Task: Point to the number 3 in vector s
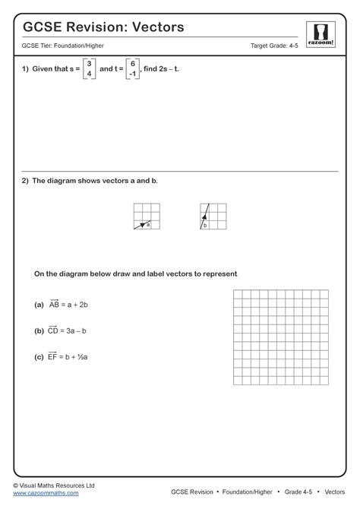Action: click(89, 63)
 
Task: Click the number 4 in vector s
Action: click(89, 74)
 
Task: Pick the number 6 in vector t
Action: click(132, 63)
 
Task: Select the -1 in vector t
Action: click(132, 74)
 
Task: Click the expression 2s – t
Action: click(169, 69)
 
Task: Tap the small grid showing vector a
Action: click(146, 217)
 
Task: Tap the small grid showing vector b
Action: click(213, 217)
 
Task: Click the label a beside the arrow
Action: click(148, 224)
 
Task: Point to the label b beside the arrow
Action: click(205, 225)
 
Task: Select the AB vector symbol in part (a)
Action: click(54, 305)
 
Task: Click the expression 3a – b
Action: click(78, 331)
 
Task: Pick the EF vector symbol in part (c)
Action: click(53, 355)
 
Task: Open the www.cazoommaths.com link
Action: click(46, 493)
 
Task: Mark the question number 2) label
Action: click(25, 181)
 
